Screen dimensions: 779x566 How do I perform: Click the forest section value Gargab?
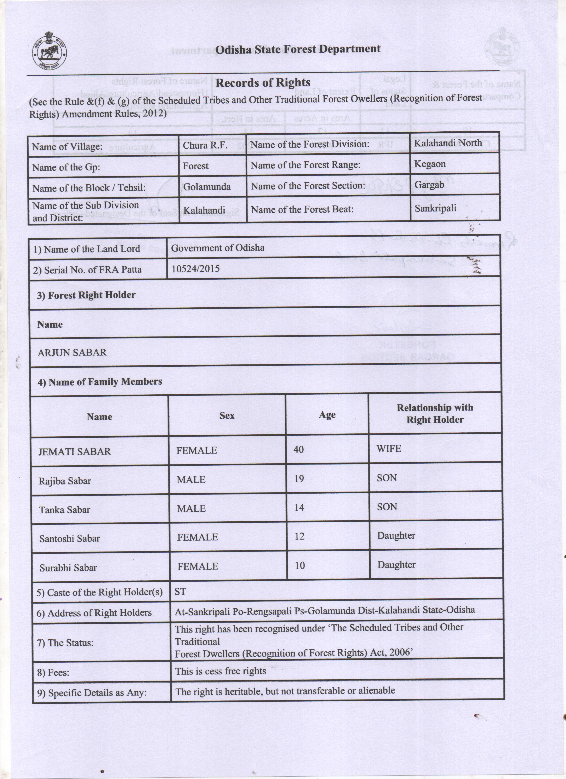pyautogui.click(x=429, y=185)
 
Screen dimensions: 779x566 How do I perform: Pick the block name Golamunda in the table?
pyautogui.click(x=207, y=187)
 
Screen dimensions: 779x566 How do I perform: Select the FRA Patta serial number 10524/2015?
pyautogui.click(x=195, y=269)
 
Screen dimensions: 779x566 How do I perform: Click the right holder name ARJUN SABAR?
pyautogui.click(x=72, y=352)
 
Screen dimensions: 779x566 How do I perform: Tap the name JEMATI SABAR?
pyautogui.click(x=75, y=451)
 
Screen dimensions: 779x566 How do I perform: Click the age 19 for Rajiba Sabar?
pyautogui.click(x=299, y=478)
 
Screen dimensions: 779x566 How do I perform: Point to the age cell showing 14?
pyautogui.click(x=299, y=507)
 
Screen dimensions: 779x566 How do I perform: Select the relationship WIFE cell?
pyautogui.click(x=389, y=449)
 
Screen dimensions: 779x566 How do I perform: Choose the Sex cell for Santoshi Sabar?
pyautogui.click(x=198, y=537)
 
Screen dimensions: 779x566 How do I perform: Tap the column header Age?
pyautogui.click(x=327, y=415)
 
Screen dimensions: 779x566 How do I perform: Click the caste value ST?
pyautogui.click(x=180, y=591)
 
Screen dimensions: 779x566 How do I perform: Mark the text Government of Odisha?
pyautogui.click(x=218, y=248)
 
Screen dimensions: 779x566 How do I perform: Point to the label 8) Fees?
pyautogui.click(x=53, y=672)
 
